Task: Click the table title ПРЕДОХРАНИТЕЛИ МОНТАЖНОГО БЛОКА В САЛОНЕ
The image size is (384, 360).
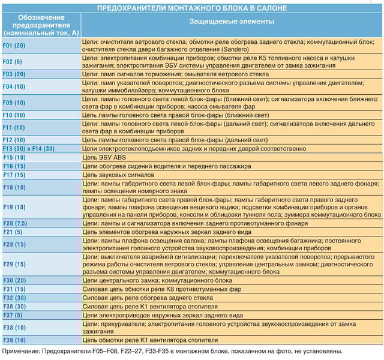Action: pos(192,8)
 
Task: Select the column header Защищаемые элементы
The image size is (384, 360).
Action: pos(232,22)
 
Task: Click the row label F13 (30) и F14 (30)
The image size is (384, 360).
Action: pos(29,148)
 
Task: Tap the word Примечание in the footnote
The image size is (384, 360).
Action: pos(23,350)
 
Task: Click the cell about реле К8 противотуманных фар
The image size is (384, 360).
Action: pos(162,289)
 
